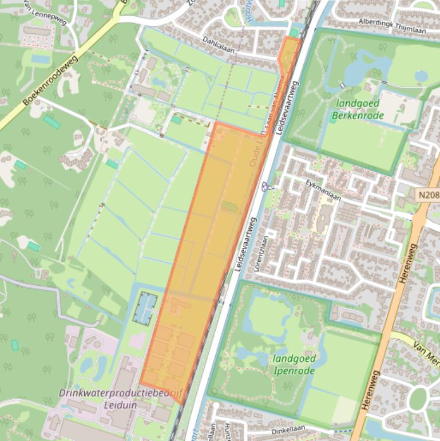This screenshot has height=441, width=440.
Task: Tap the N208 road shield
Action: coord(428,195)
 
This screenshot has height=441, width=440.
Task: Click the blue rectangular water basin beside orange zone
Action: coord(145,307)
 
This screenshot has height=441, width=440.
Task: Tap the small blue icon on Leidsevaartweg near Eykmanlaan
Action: coord(265,186)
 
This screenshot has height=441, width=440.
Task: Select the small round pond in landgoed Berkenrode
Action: coord(421,75)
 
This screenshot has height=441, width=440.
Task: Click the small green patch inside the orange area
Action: coord(230,207)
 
